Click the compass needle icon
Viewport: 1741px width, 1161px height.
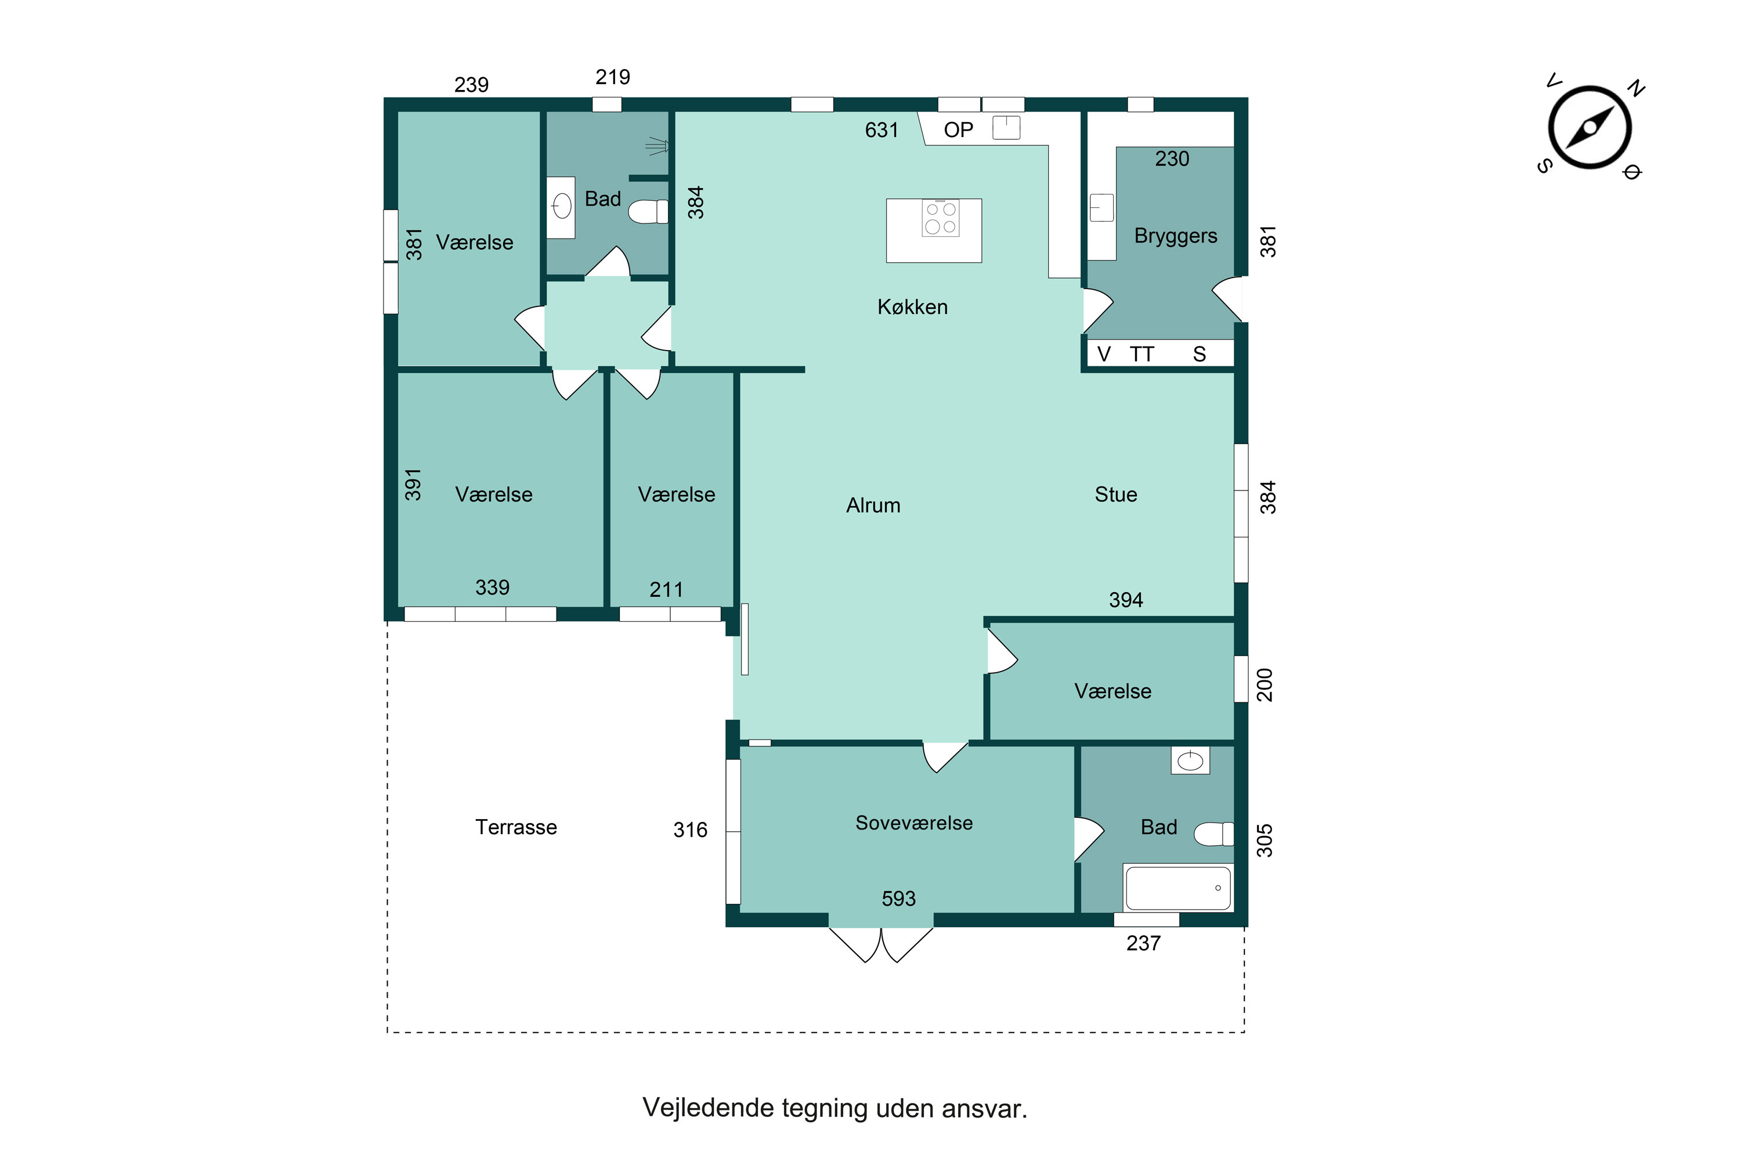click(x=1590, y=127)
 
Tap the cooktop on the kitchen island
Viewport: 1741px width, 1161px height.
click(x=940, y=218)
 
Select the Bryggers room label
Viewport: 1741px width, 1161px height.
click(x=1176, y=236)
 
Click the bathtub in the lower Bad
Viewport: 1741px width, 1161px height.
click(x=1177, y=888)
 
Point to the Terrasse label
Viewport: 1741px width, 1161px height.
click(x=516, y=827)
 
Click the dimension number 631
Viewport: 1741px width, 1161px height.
click(x=882, y=130)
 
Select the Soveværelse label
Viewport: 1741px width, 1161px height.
click(x=914, y=823)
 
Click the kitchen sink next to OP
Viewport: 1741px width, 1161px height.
click(x=1006, y=127)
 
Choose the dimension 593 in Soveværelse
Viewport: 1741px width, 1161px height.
click(x=898, y=899)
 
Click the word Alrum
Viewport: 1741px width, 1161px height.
click(x=873, y=506)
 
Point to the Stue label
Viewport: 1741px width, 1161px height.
click(x=1115, y=495)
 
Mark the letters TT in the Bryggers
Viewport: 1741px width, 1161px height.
click(x=1142, y=355)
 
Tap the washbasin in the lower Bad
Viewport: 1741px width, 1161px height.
click(x=1190, y=760)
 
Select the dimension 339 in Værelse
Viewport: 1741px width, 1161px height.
click(x=492, y=588)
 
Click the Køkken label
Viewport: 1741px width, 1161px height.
click(x=913, y=307)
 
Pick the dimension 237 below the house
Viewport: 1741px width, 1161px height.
click(x=1144, y=944)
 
